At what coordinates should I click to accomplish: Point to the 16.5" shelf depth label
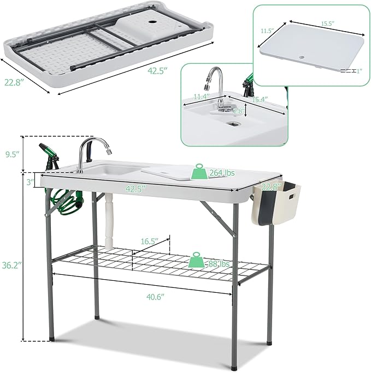tap(149, 240)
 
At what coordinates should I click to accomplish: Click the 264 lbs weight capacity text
tap(222, 173)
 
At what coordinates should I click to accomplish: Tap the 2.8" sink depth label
tap(238, 111)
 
